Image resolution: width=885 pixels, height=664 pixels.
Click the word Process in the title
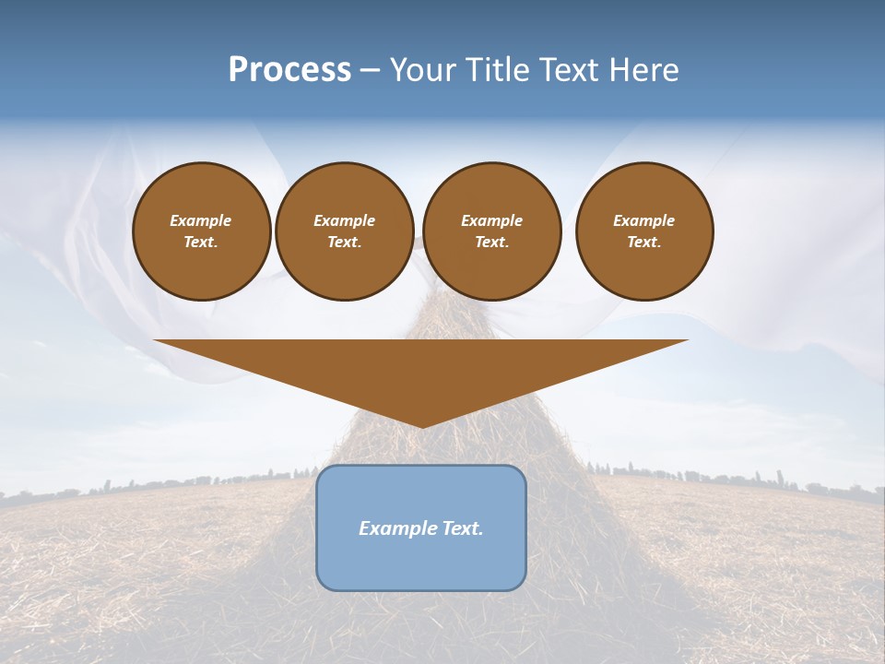(289, 70)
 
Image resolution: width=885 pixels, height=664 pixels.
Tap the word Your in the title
(420, 70)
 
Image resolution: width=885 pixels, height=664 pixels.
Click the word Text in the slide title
(572, 70)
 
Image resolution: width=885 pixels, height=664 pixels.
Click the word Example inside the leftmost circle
(201, 220)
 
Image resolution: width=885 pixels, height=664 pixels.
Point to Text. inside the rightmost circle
(644, 243)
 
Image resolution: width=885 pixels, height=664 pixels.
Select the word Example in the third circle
(492, 220)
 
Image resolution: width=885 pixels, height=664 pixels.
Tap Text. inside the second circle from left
(345, 243)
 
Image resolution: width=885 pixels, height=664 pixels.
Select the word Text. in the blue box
(463, 528)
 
